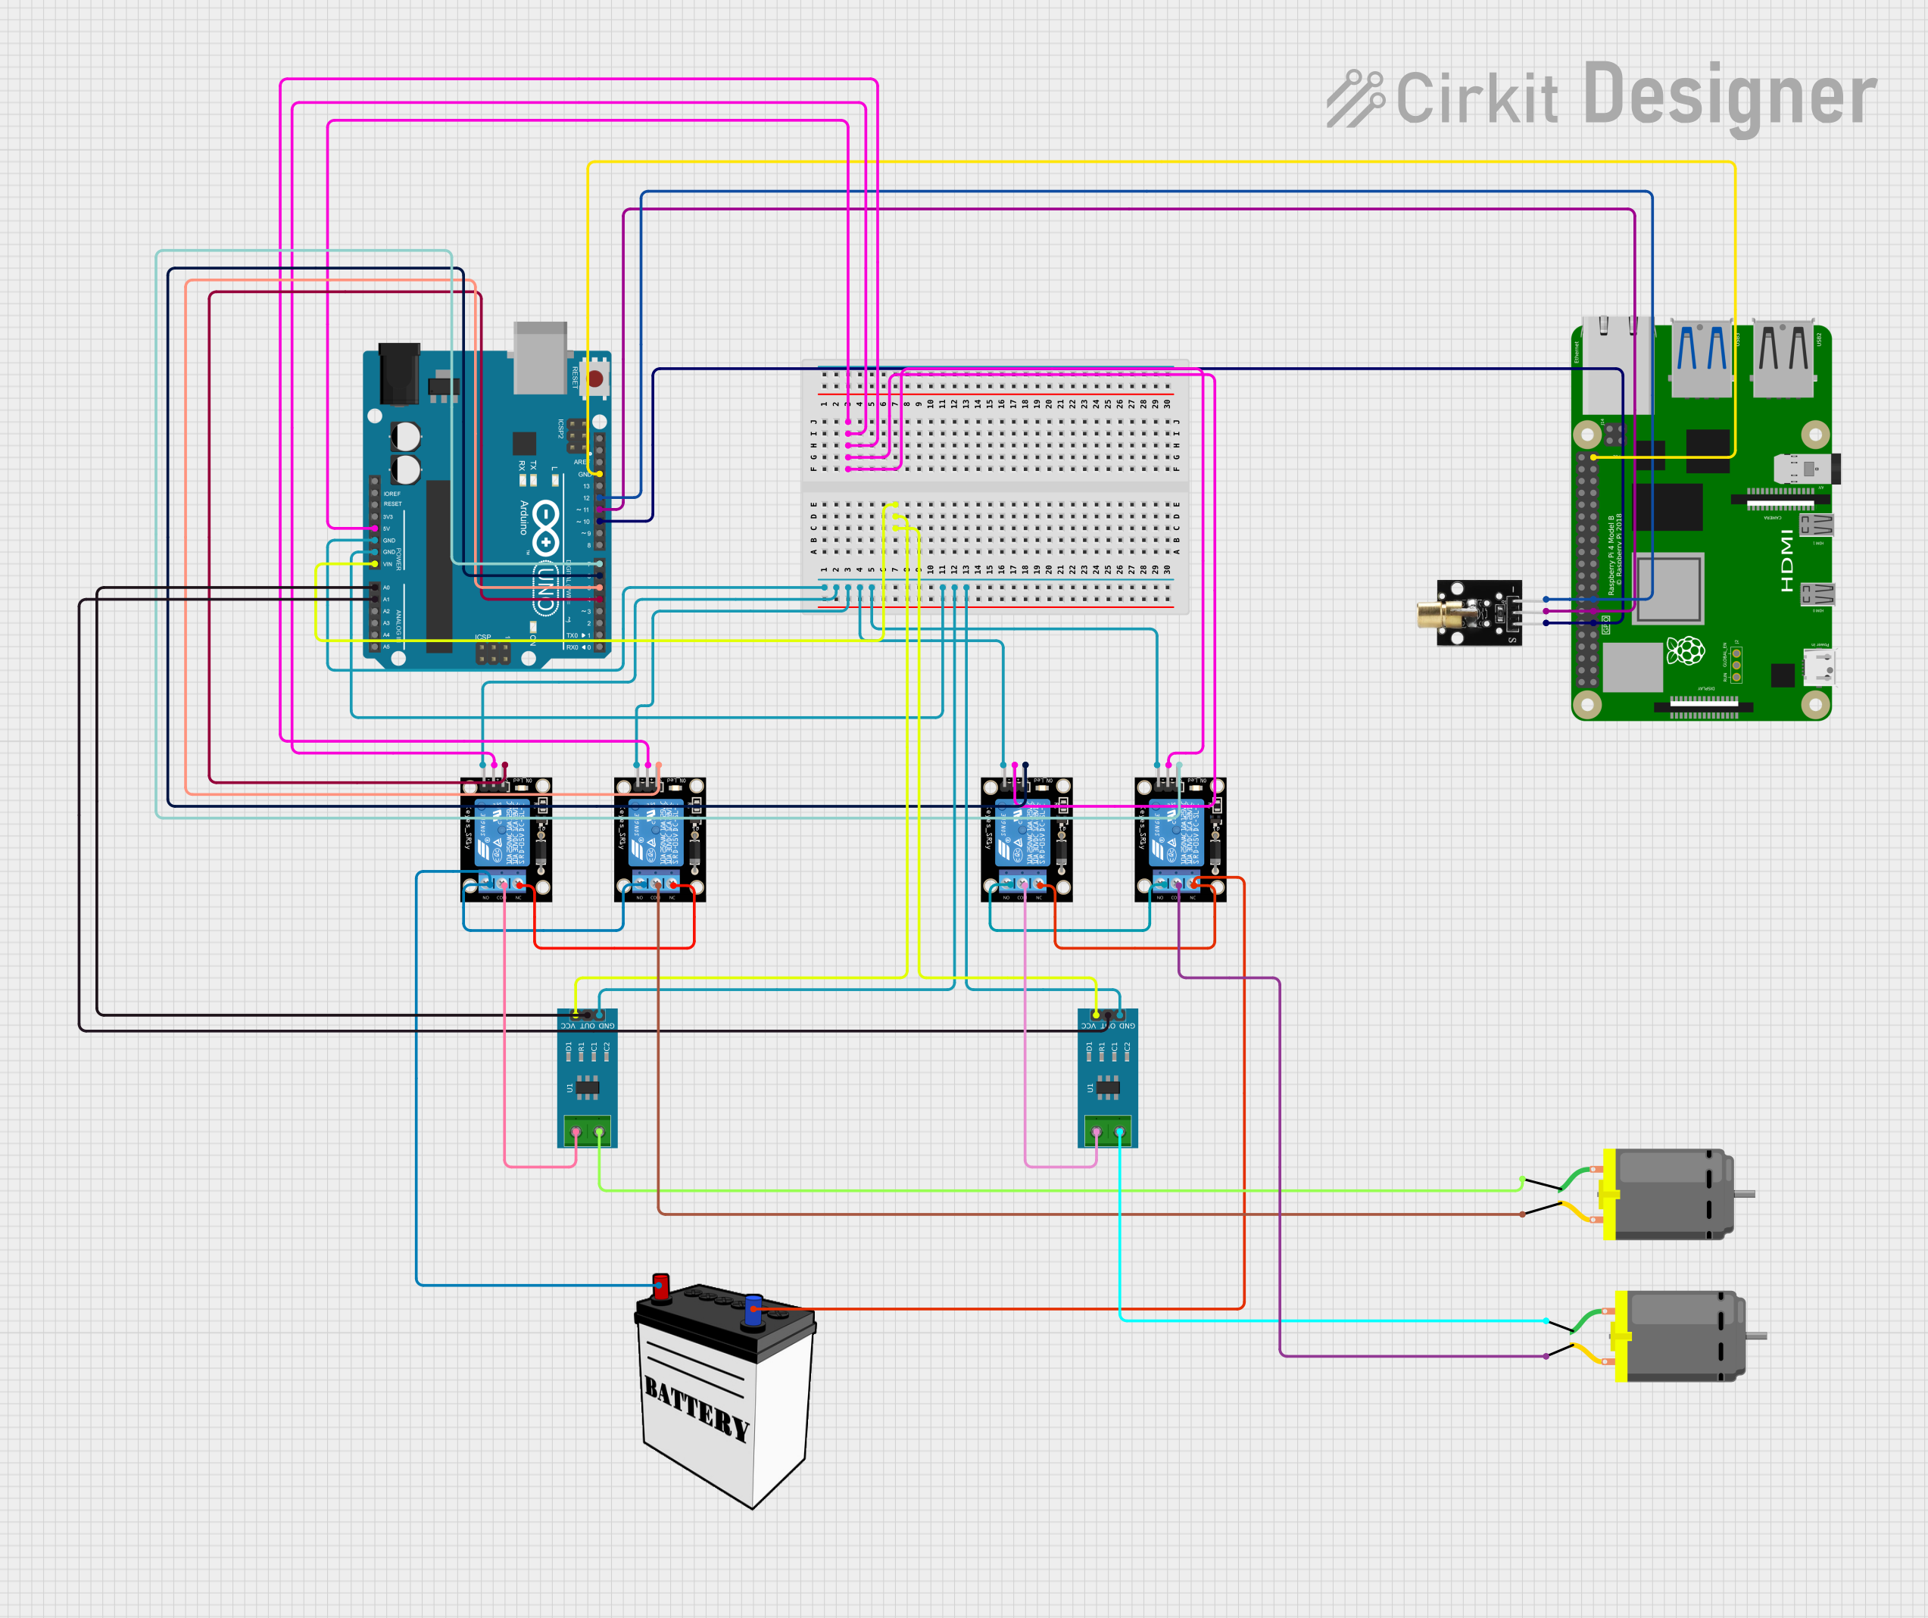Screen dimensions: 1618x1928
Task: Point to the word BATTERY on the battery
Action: point(697,1409)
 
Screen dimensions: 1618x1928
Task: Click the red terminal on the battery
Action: point(660,1286)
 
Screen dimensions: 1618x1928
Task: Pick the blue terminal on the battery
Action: point(753,1310)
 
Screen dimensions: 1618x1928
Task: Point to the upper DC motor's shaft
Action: point(1745,1194)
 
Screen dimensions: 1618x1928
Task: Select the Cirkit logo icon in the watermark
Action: point(1354,98)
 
